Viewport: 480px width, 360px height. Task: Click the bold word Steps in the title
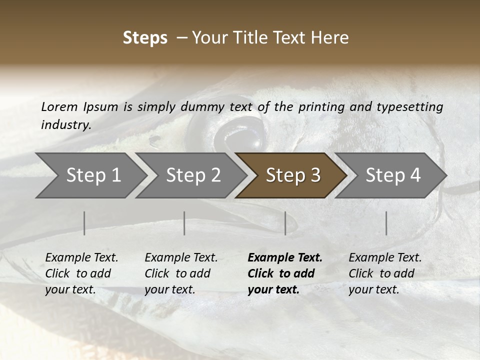point(145,38)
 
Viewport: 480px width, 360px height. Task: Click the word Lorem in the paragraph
point(59,107)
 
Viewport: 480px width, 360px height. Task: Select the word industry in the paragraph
point(66,125)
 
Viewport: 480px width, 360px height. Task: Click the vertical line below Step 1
point(84,223)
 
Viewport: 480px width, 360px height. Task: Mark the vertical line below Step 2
point(184,223)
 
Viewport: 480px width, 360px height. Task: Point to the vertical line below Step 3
point(285,223)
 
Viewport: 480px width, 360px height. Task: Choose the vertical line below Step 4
point(386,223)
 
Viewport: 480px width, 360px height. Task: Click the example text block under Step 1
point(81,273)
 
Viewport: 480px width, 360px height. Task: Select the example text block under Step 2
point(181,273)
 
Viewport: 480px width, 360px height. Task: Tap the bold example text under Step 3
point(284,273)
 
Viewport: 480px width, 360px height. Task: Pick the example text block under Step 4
point(385,273)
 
